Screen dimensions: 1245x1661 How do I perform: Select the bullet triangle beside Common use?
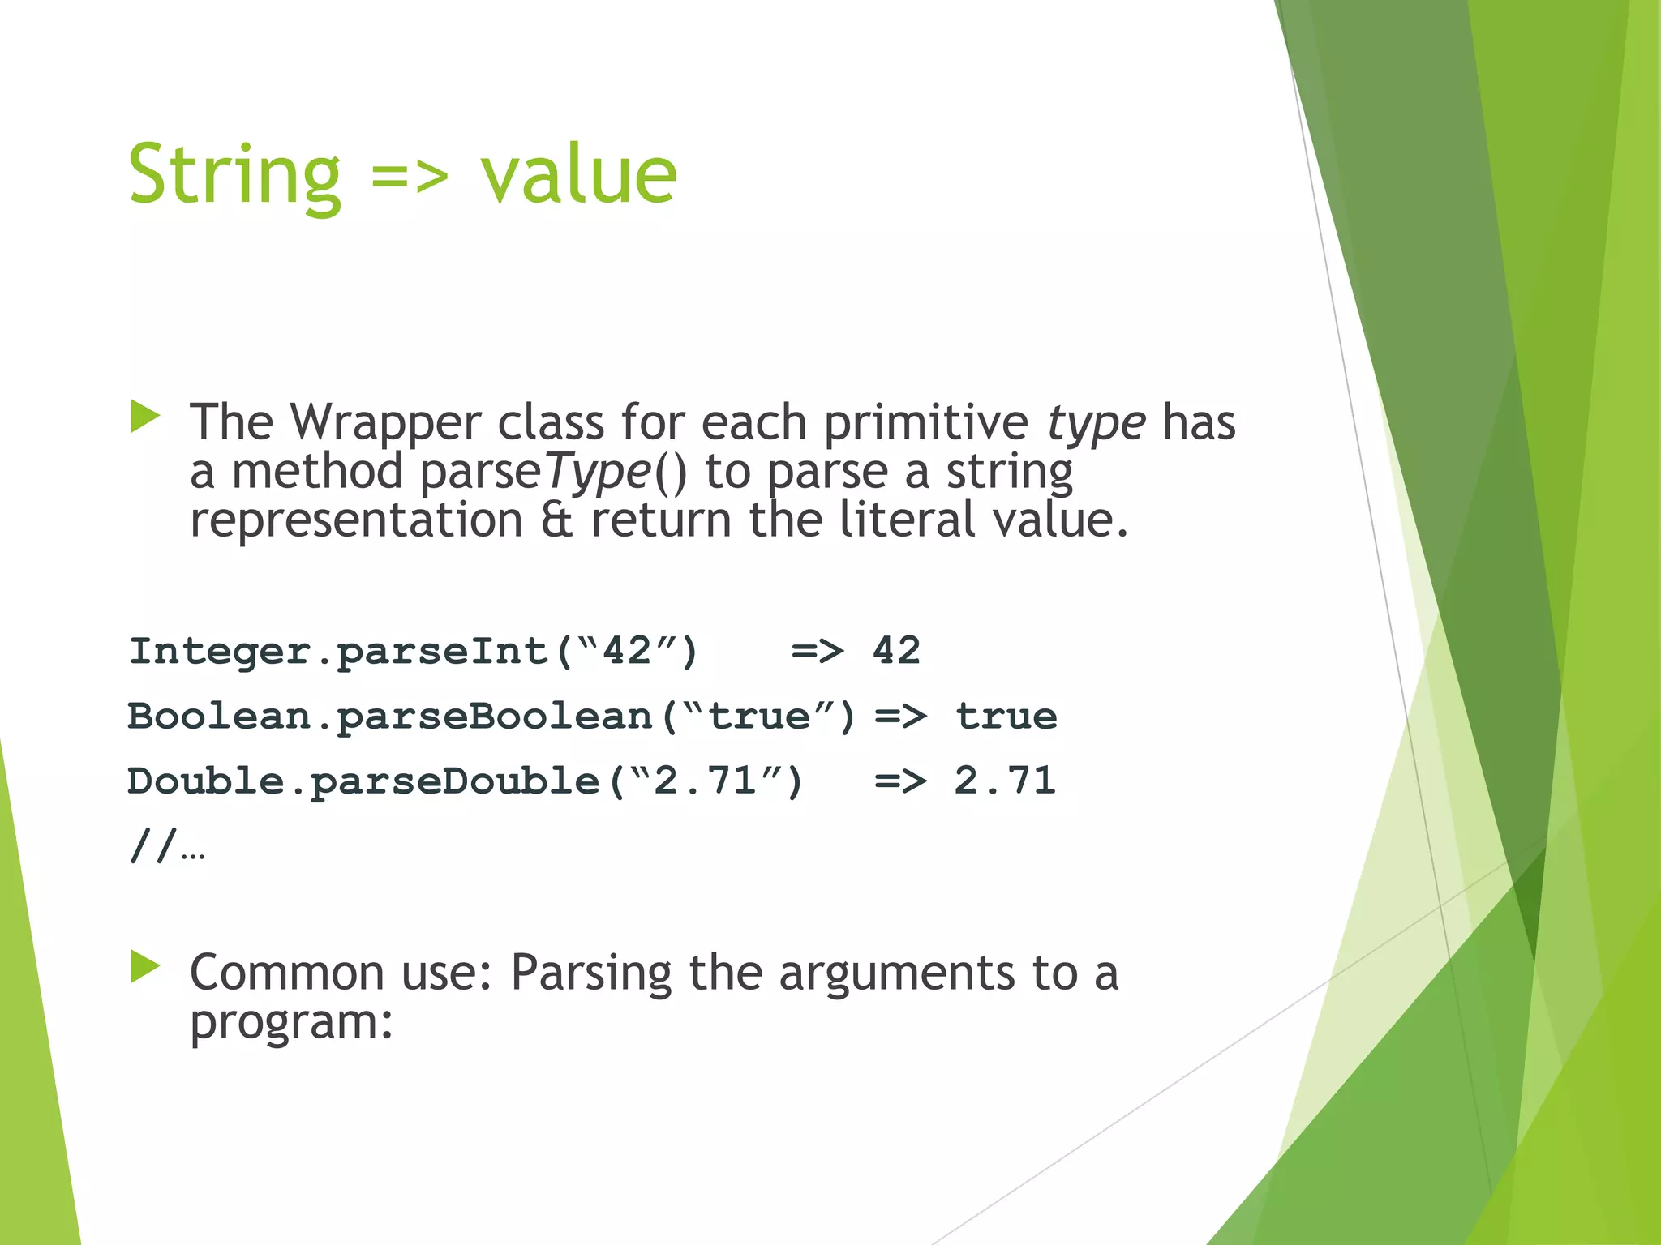[x=145, y=967]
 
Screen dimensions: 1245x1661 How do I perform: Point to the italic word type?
[x=1096, y=424]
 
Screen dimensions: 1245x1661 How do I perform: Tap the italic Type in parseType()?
[x=598, y=473]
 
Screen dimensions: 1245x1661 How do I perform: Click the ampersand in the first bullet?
[x=556, y=520]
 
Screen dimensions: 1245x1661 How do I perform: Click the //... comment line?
[x=167, y=847]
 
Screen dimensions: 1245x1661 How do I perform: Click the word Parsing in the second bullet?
[x=591, y=973]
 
